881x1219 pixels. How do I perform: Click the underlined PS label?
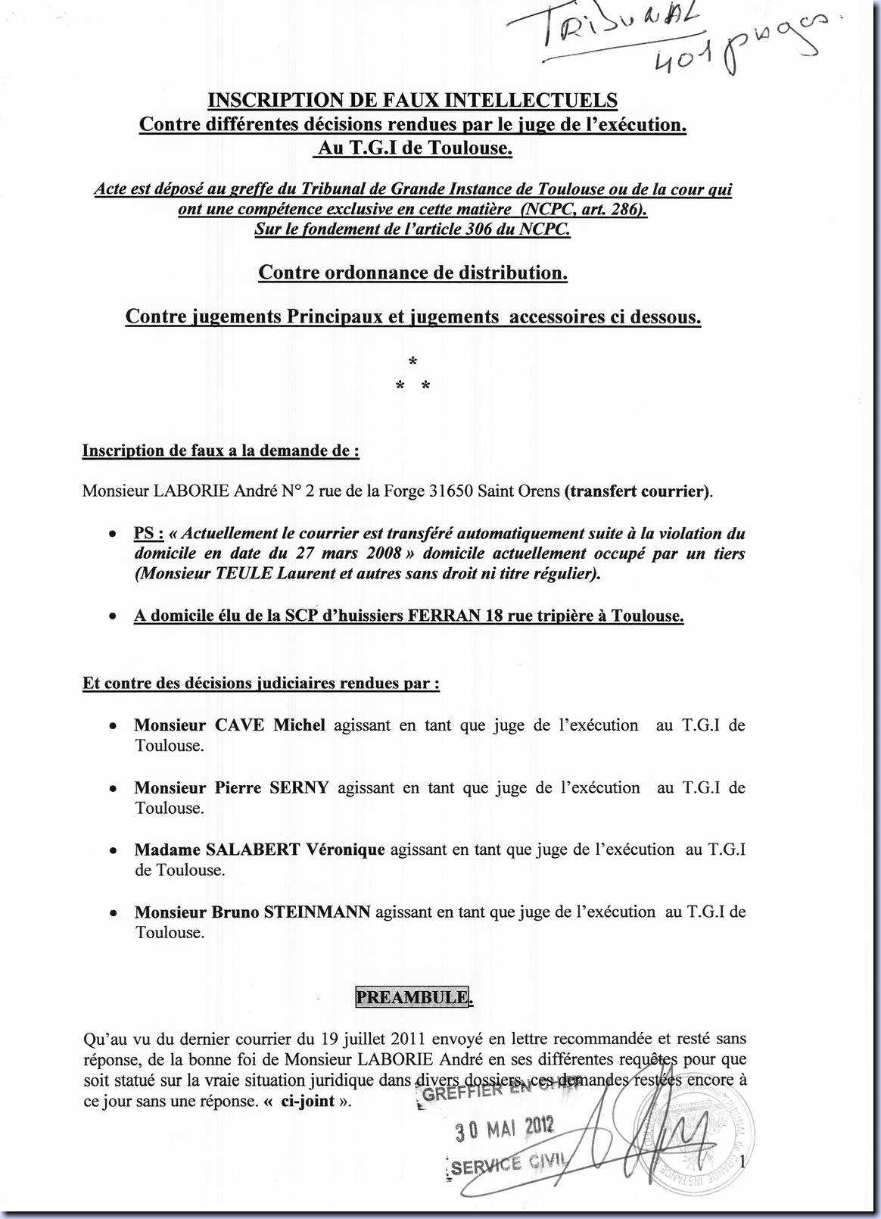148,533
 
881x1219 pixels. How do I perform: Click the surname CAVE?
240,725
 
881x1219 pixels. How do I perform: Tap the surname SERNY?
299,787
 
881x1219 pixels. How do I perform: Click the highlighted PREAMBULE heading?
412,997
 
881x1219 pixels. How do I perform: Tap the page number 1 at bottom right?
743,1161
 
